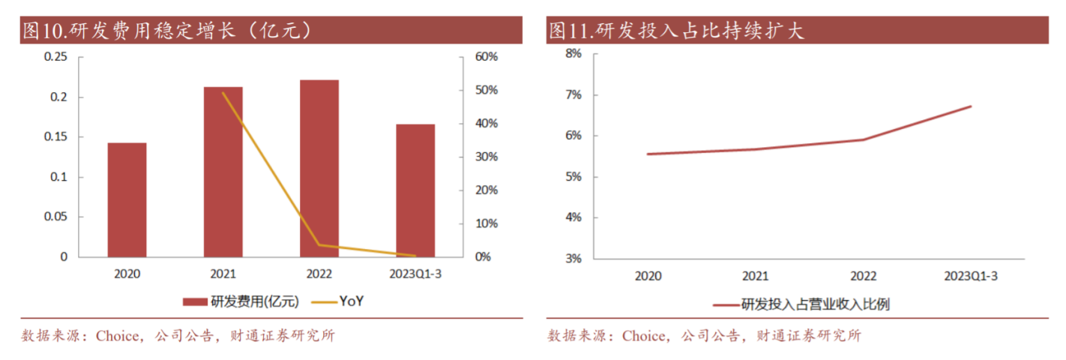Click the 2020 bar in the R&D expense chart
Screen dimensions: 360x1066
point(127,199)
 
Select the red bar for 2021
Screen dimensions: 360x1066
point(223,172)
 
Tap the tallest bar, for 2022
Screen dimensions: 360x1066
point(319,168)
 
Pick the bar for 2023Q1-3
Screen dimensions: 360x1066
point(415,190)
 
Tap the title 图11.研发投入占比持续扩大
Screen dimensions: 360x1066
point(676,31)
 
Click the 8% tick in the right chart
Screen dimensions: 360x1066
point(573,54)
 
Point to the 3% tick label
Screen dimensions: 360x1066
point(573,259)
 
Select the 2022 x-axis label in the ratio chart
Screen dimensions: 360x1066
point(864,276)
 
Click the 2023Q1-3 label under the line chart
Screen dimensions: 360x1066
point(971,276)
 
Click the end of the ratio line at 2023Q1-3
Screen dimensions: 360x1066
point(971,106)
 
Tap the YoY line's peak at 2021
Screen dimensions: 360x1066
point(223,93)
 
